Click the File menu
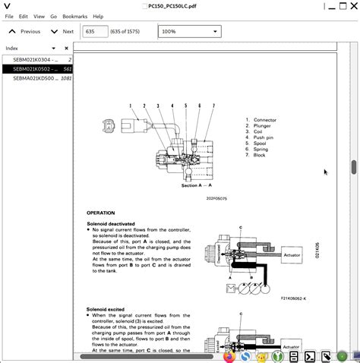tap(9, 16)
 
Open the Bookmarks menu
tap(74, 16)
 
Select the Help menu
tap(99, 16)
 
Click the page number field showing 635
tap(95, 32)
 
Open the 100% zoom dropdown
tap(189, 32)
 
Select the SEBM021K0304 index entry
tap(36, 59)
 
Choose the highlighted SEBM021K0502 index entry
tap(36, 68)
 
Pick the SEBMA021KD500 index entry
tap(36, 77)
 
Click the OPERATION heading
tap(101, 213)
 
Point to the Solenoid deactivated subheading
tap(111, 225)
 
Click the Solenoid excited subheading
tap(106, 310)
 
